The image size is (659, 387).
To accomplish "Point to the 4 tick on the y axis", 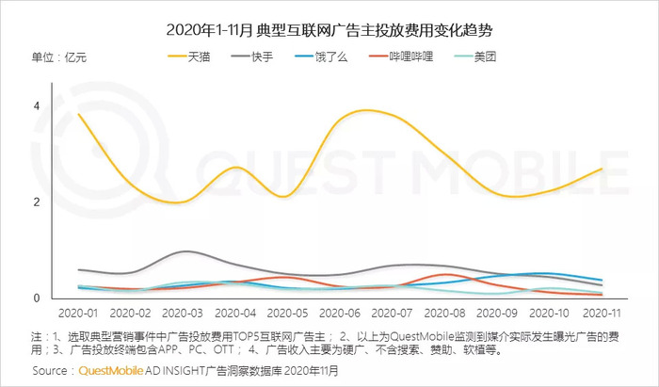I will [x=37, y=105].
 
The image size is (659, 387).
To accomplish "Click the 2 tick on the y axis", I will [x=37, y=202].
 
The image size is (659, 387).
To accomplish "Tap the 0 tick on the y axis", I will [x=37, y=298].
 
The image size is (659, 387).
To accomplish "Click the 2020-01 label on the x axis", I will [x=77, y=312].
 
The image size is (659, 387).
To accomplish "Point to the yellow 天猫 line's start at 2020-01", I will [x=78, y=114].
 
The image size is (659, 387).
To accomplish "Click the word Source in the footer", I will [x=52, y=372].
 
